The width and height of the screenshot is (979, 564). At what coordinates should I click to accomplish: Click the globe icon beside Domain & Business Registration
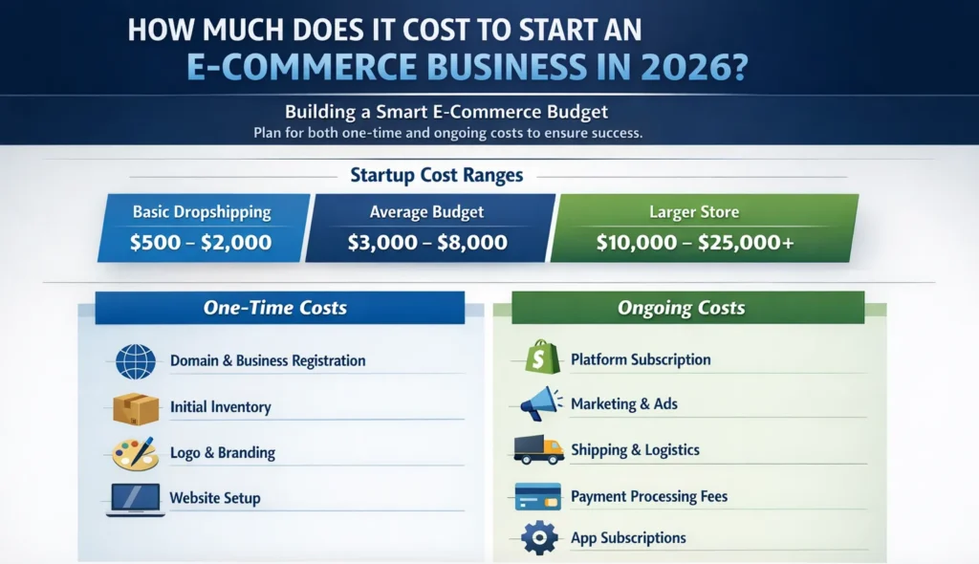135,362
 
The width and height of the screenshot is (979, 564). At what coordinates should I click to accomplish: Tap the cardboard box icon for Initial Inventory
135,408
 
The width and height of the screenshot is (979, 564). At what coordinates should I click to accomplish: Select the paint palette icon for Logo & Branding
135,453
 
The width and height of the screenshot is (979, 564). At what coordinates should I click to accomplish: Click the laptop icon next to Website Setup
133,498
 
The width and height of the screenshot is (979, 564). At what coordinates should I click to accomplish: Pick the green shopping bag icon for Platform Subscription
541,358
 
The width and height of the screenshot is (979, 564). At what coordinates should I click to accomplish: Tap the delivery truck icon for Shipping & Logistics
538,449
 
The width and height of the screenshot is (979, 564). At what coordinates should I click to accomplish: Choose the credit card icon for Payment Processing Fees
537,496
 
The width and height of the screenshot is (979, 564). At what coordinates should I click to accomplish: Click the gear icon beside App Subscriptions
539,537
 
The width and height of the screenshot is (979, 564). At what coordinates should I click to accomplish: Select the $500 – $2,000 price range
201,243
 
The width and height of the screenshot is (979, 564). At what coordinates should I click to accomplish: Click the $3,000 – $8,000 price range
426,243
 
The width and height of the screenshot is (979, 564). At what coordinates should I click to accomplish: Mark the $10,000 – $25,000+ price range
695,243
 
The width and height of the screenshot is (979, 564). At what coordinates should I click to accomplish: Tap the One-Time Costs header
275,308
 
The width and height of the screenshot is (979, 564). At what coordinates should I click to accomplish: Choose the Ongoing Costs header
682,308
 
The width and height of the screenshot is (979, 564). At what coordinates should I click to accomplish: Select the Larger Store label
694,212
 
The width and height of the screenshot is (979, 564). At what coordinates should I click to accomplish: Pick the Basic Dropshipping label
202,212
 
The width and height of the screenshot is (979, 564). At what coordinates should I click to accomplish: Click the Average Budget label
426,212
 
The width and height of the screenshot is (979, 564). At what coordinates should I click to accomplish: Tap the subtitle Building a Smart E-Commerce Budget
446,111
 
